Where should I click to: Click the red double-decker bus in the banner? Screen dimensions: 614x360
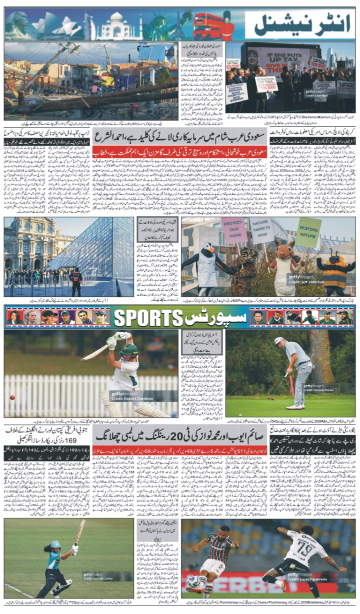coord(208,26)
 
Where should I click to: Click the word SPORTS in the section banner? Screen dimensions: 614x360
coord(147,318)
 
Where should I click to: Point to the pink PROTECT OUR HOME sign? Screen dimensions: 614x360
coord(234,230)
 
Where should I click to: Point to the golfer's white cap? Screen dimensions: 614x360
coord(279,341)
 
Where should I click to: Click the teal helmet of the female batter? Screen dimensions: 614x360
coord(56,544)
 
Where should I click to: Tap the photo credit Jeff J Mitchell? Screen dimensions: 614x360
coord(313,282)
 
